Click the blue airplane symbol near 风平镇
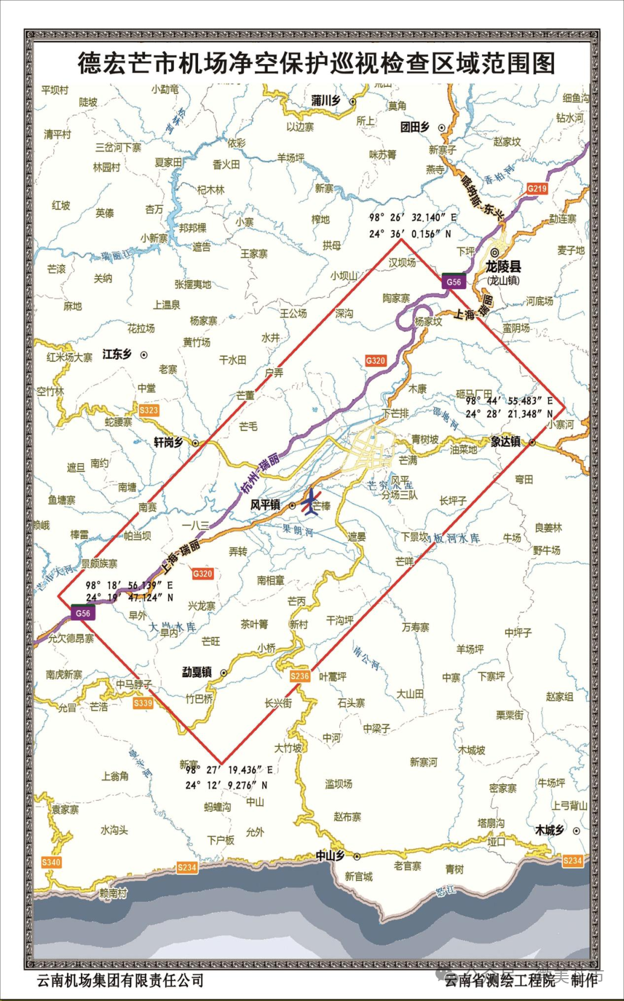point(310,503)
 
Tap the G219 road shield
point(536,188)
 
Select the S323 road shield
point(149,411)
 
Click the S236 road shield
point(300,676)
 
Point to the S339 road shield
point(143,703)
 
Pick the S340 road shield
point(51,862)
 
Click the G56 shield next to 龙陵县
point(453,281)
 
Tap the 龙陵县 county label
point(503,266)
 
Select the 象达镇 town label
point(506,442)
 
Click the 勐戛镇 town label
point(197,672)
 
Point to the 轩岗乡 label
point(169,443)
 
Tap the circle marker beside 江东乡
point(144,355)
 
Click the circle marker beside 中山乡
point(357,856)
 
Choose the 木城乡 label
point(550,830)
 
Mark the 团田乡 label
point(416,127)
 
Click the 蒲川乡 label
point(326,101)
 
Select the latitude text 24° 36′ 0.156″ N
point(410,233)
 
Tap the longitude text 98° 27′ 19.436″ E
point(229,770)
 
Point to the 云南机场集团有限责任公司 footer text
point(120,980)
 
